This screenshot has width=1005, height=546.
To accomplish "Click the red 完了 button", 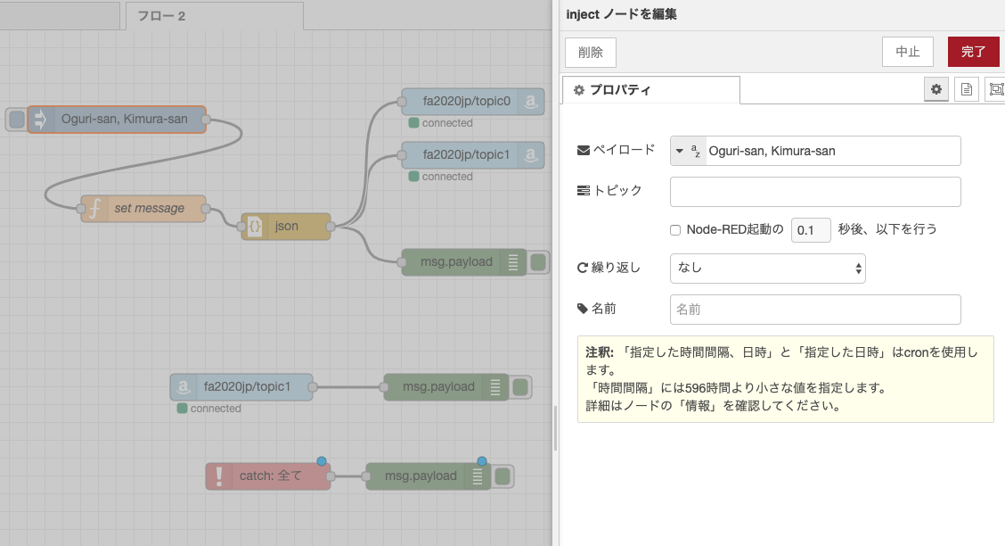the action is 973,52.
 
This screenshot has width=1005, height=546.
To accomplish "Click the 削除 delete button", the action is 591,53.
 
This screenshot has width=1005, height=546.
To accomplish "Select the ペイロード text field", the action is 832,151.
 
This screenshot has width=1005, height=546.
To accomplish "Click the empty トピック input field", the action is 815,192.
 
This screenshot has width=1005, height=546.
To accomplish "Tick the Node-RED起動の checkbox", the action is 675,229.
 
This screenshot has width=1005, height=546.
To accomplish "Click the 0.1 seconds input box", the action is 811,229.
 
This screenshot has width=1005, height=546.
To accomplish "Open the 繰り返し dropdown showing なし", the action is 768,269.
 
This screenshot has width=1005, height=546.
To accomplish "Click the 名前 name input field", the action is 815,310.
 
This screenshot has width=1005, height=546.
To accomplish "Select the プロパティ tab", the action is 651,90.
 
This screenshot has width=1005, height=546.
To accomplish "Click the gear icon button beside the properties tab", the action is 936,90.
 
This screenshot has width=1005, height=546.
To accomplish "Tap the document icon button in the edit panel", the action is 966,90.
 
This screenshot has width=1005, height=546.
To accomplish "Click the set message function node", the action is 143,209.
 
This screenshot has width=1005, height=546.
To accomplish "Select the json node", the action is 286,226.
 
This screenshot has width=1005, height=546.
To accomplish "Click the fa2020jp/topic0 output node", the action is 473,102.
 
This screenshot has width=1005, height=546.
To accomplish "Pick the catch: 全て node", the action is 268,476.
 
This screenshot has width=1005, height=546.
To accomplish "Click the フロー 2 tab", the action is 214,16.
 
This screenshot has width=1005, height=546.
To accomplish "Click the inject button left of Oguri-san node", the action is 17,120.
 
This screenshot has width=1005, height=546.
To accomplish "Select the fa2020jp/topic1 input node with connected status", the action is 241,387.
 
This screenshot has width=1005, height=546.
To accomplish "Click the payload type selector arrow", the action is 680,151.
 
